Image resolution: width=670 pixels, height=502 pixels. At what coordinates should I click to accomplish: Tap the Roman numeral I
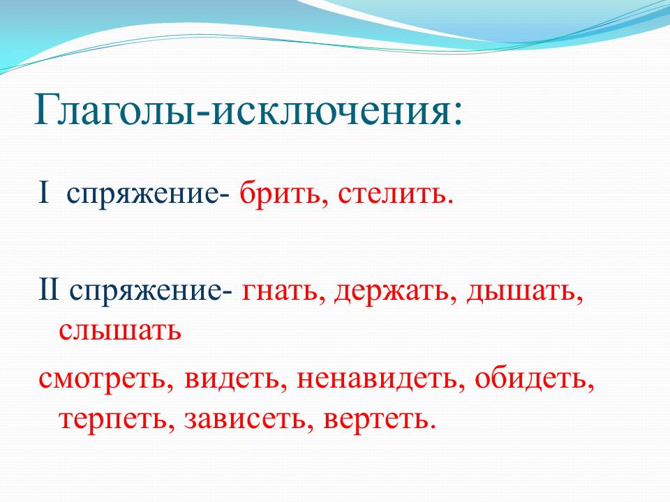coord(43,193)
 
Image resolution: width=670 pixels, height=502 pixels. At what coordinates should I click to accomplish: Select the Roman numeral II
coord(49,290)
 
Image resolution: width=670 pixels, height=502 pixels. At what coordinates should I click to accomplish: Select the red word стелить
coord(392,194)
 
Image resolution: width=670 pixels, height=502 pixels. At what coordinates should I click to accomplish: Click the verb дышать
coord(521,292)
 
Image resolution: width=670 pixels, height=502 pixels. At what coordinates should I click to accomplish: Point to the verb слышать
coord(120,330)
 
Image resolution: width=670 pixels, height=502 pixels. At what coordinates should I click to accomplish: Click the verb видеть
coord(231,377)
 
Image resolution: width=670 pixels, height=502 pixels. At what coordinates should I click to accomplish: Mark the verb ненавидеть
coord(376,377)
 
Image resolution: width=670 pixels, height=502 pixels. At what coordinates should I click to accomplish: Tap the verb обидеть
coord(530,376)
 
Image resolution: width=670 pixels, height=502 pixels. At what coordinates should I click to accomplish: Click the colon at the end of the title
coord(458,115)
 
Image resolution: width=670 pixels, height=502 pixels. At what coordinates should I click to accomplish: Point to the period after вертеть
coord(433,425)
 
